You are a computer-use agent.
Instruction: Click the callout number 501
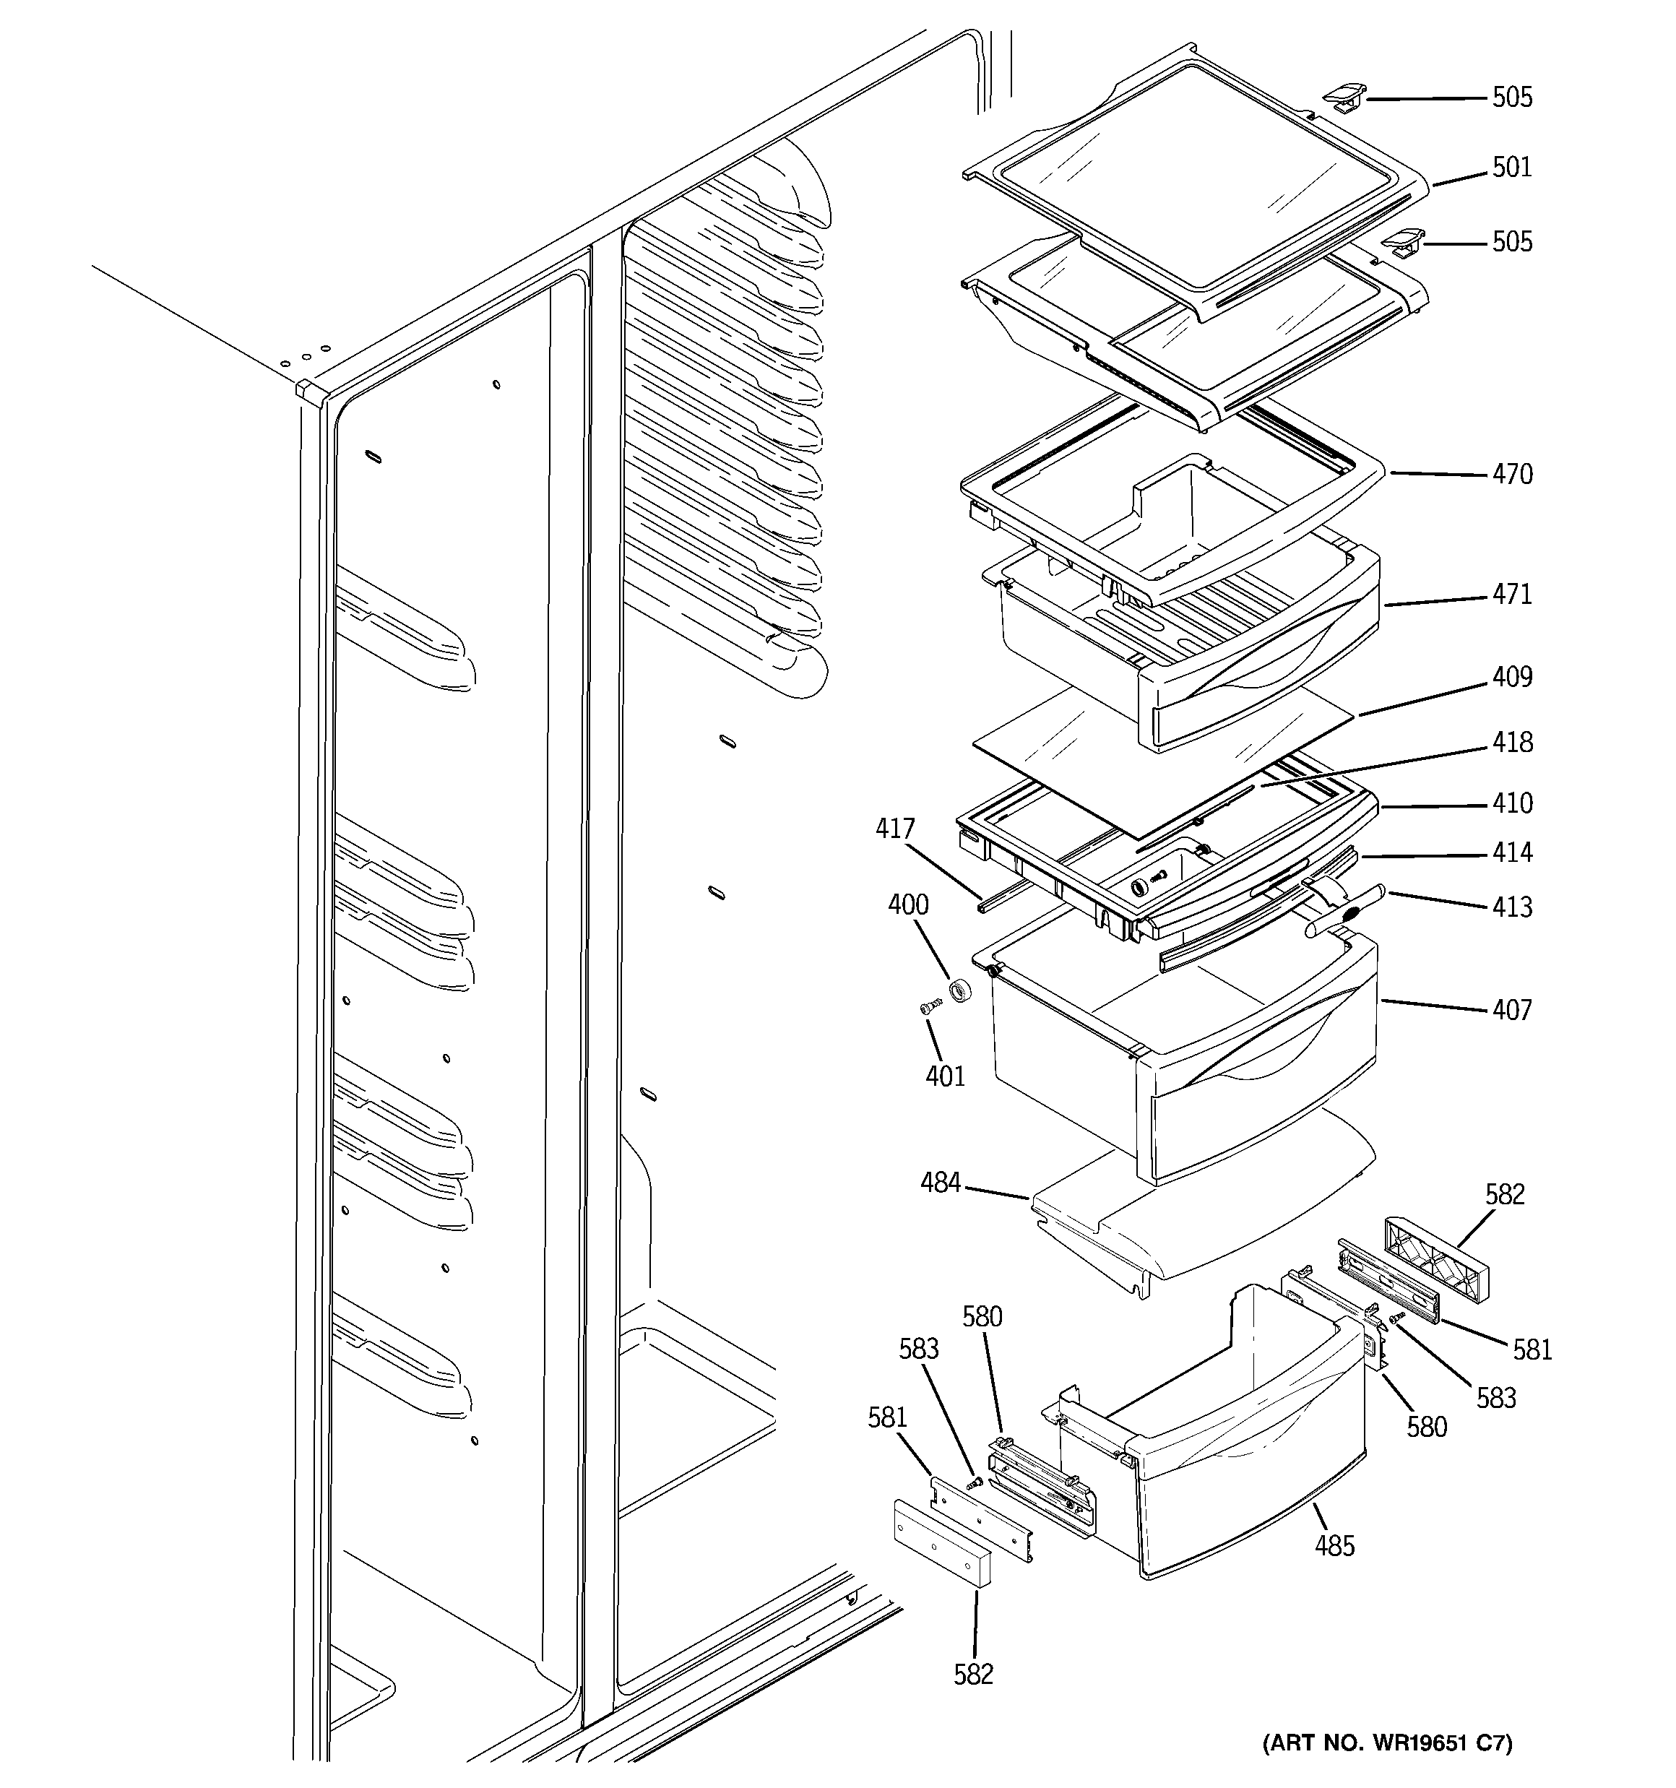[x=1511, y=168]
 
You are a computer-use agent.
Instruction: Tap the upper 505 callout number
[x=1511, y=97]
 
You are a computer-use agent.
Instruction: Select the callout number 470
[x=1511, y=474]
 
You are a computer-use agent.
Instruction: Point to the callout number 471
[x=1511, y=595]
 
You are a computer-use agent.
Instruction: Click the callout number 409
[x=1511, y=676]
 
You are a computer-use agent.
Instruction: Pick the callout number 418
[x=1511, y=742]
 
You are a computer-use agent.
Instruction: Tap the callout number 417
[x=895, y=829]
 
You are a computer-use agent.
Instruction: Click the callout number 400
[x=908, y=904]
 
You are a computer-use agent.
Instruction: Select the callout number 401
[x=945, y=1076]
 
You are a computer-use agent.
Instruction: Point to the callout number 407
[x=1511, y=1010]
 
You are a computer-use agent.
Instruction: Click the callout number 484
[x=940, y=1183]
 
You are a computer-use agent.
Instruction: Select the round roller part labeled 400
[x=962, y=992]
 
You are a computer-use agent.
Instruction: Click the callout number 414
[x=1511, y=852]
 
